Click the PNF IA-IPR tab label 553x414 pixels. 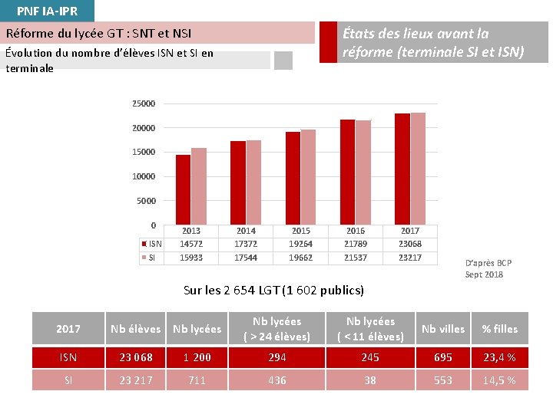[x=47, y=11]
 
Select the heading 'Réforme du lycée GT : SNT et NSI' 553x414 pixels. [x=99, y=34]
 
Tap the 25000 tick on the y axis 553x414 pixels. [x=144, y=103]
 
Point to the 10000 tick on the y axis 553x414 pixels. [x=144, y=176]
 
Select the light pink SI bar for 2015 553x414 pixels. [x=308, y=177]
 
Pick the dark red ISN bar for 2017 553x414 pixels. [x=402, y=169]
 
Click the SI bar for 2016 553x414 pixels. [x=363, y=172]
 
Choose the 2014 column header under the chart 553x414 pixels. [x=246, y=231]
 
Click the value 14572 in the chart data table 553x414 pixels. [x=191, y=244]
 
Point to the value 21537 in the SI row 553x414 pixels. [x=356, y=258]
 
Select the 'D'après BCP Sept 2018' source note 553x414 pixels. [x=488, y=268]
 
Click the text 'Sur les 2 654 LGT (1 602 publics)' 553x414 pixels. [x=274, y=290]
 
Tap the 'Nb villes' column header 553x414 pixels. [x=443, y=329]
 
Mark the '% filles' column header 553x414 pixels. [x=499, y=329]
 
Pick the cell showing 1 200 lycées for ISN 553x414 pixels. [x=197, y=357]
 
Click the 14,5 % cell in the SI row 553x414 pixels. [x=499, y=380]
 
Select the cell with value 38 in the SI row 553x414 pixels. [x=370, y=380]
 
